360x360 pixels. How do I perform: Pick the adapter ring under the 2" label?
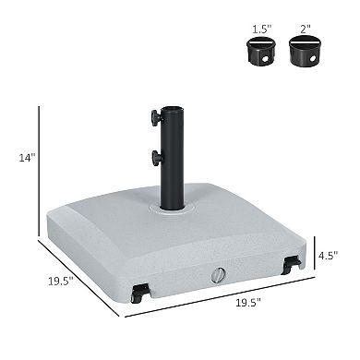pos(304,52)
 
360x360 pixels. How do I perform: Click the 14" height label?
pos(28,158)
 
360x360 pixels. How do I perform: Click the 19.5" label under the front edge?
pos(247,302)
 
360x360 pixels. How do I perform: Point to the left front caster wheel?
pos(139,294)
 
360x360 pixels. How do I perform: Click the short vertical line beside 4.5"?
pos(312,251)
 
